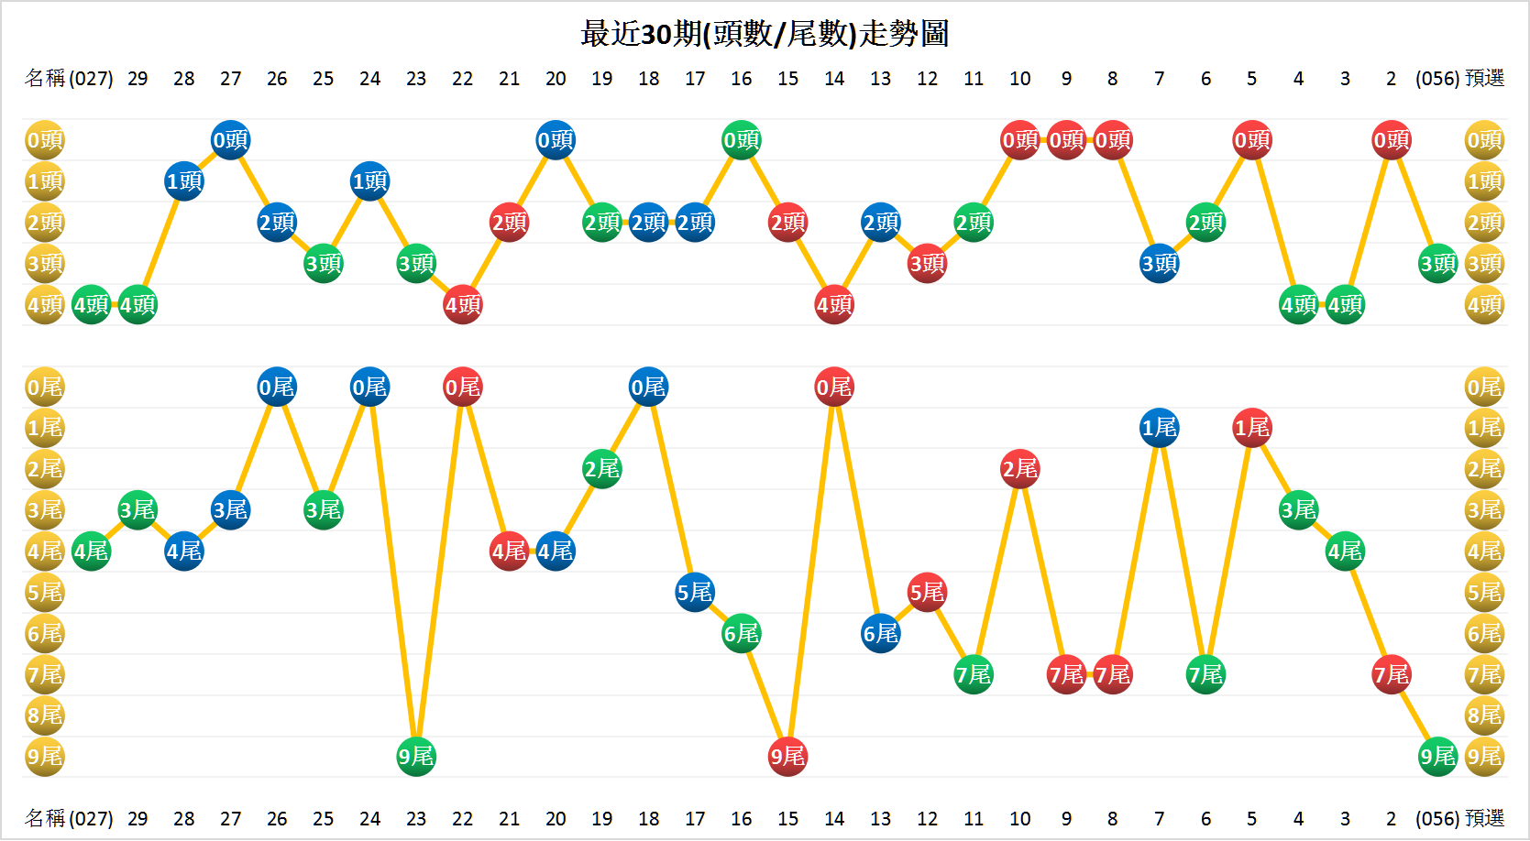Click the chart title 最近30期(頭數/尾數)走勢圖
pos(765,34)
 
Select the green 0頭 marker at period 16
pos(742,140)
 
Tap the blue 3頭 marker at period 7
pos(1160,264)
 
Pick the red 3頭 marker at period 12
pos(927,264)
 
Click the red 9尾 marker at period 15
pos(787,757)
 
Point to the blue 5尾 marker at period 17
pos(695,593)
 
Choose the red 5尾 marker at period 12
pos(927,593)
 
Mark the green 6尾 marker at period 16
pos(742,634)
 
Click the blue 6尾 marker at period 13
pos(881,634)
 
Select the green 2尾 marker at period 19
pos(602,469)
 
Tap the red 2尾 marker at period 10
pos(1019,469)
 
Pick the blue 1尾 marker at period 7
pos(1160,428)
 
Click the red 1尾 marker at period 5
pos(1252,428)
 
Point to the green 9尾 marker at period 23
pos(416,757)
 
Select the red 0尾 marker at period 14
pos(834,388)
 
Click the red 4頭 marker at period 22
pos(463,305)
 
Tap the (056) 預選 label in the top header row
pos(1459,79)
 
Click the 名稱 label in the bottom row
pos(45,818)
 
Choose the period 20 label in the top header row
pos(556,79)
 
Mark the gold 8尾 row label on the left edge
pos(44,715)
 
